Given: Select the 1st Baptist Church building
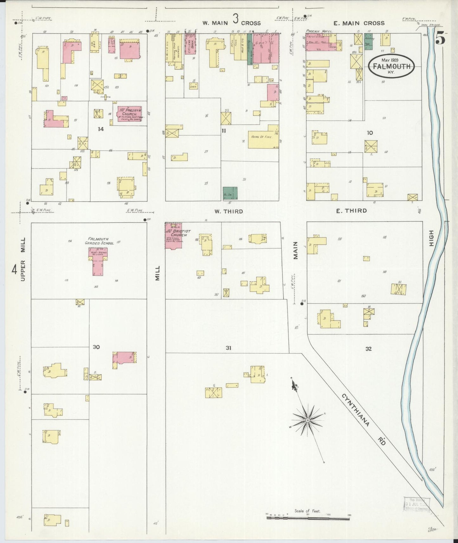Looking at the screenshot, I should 173,235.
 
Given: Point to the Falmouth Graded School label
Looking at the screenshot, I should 99,241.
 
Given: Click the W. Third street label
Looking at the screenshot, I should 229,211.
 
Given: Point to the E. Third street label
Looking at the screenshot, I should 352,211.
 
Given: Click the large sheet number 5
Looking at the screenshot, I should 441,38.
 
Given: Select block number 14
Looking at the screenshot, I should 100,129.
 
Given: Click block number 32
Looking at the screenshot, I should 368,349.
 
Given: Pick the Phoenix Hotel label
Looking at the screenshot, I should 319,31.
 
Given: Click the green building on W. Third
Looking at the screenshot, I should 230,193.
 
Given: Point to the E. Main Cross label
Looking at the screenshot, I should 359,23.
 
